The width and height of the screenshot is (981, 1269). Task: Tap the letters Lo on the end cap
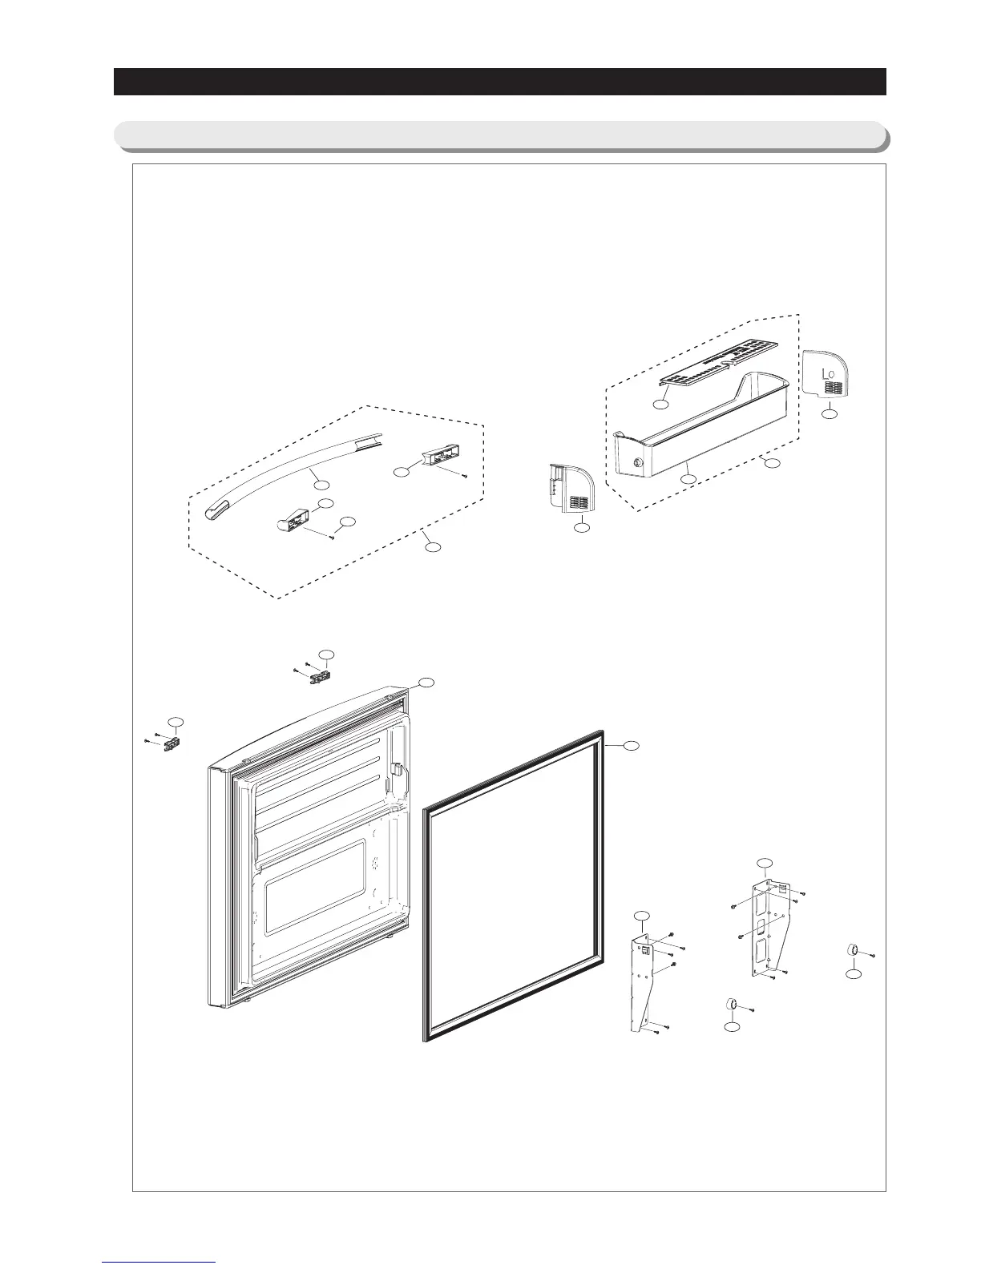click(830, 373)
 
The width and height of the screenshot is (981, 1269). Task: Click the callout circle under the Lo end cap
click(830, 413)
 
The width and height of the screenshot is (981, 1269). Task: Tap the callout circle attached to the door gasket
click(632, 746)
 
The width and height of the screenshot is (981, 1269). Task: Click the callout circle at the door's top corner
click(427, 682)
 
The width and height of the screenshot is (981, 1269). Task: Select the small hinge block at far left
click(170, 744)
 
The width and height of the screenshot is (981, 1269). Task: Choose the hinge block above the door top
click(318, 675)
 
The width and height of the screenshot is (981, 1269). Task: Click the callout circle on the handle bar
click(320, 484)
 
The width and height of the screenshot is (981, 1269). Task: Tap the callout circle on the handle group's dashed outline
click(432, 547)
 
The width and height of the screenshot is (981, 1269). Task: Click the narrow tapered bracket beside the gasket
click(643, 985)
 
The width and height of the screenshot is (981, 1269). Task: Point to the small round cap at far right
click(853, 950)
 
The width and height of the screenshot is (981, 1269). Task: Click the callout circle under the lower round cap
click(731, 1029)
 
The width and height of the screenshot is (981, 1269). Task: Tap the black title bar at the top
click(499, 82)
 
